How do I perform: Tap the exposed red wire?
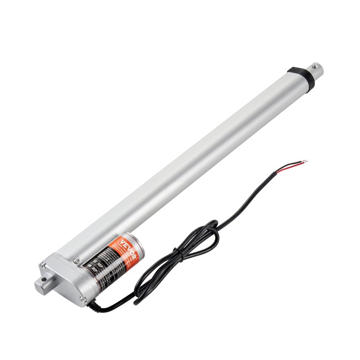click(288, 167)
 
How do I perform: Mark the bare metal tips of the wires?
click(306, 161)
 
